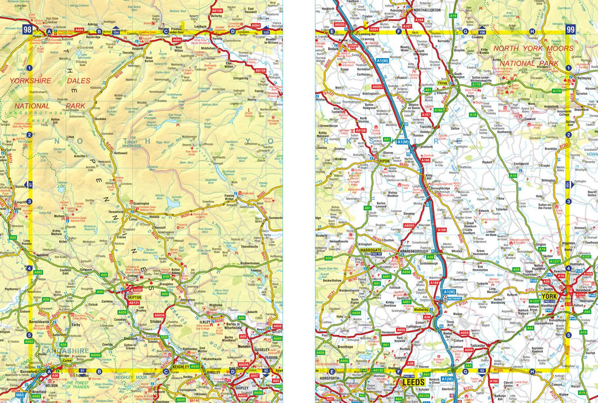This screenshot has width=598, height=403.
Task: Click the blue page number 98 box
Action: click(28, 30)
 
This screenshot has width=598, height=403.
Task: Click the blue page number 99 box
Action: click(570, 30)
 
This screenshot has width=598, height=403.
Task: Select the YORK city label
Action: click(547, 296)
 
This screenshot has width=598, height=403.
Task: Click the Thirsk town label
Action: click(442, 83)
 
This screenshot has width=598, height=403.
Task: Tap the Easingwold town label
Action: click(522, 164)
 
